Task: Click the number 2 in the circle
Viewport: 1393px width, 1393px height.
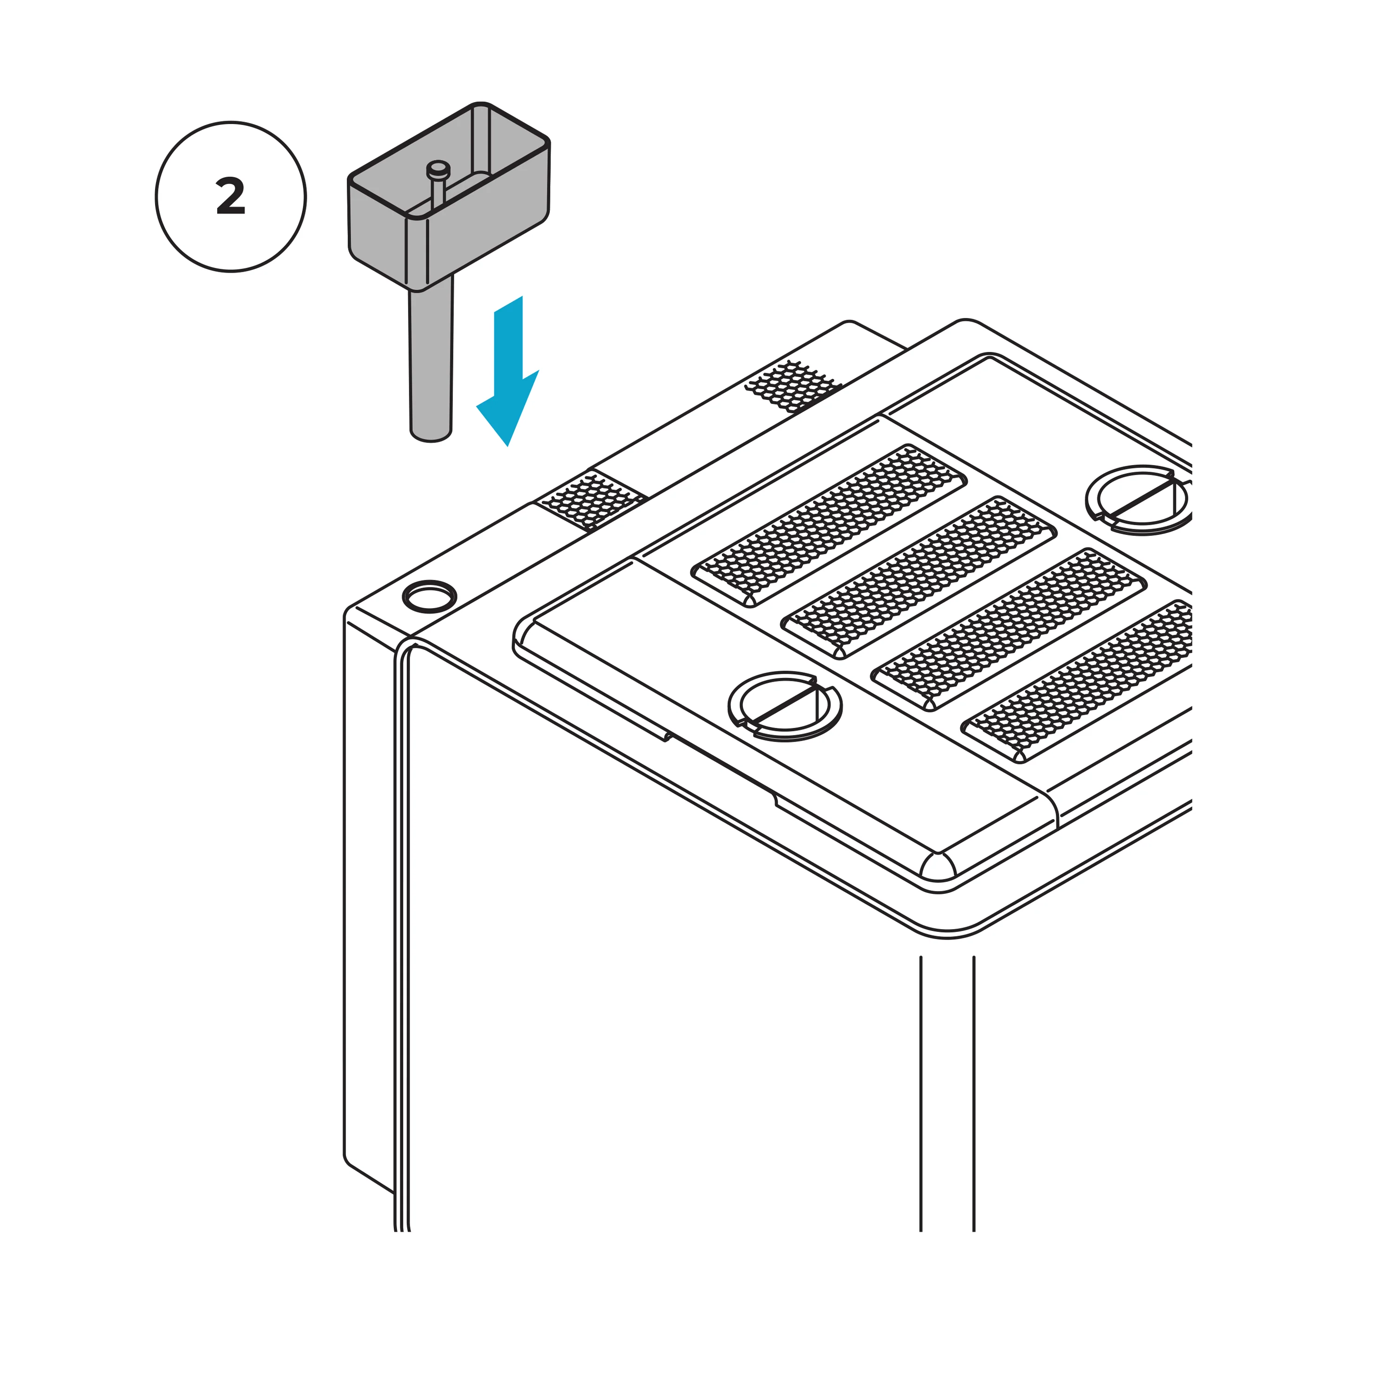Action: click(x=231, y=197)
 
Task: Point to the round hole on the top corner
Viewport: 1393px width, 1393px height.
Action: click(x=429, y=596)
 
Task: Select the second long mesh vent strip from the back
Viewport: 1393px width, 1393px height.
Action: click(x=920, y=577)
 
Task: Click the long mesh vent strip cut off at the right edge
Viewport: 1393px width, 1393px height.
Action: click(x=1081, y=681)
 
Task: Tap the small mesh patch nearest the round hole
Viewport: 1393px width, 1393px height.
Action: click(x=592, y=499)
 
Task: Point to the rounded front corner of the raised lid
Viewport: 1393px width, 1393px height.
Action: click(x=937, y=865)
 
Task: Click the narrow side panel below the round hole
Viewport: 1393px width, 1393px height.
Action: click(x=369, y=901)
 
